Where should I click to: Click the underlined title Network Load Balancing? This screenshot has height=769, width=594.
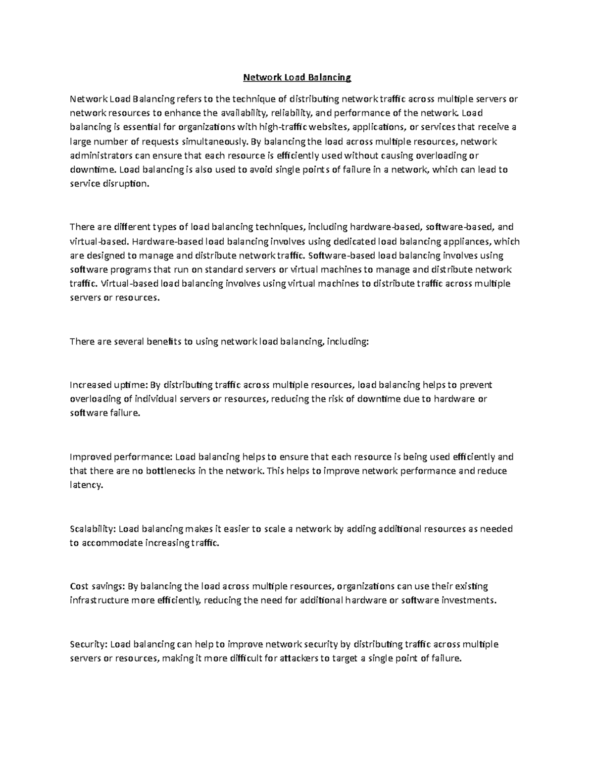point(297,77)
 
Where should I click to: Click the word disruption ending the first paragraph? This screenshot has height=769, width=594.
point(127,184)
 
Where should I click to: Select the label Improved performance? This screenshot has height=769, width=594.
point(120,457)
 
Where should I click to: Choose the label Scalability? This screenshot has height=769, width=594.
point(93,529)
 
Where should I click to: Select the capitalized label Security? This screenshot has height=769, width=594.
point(88,644)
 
